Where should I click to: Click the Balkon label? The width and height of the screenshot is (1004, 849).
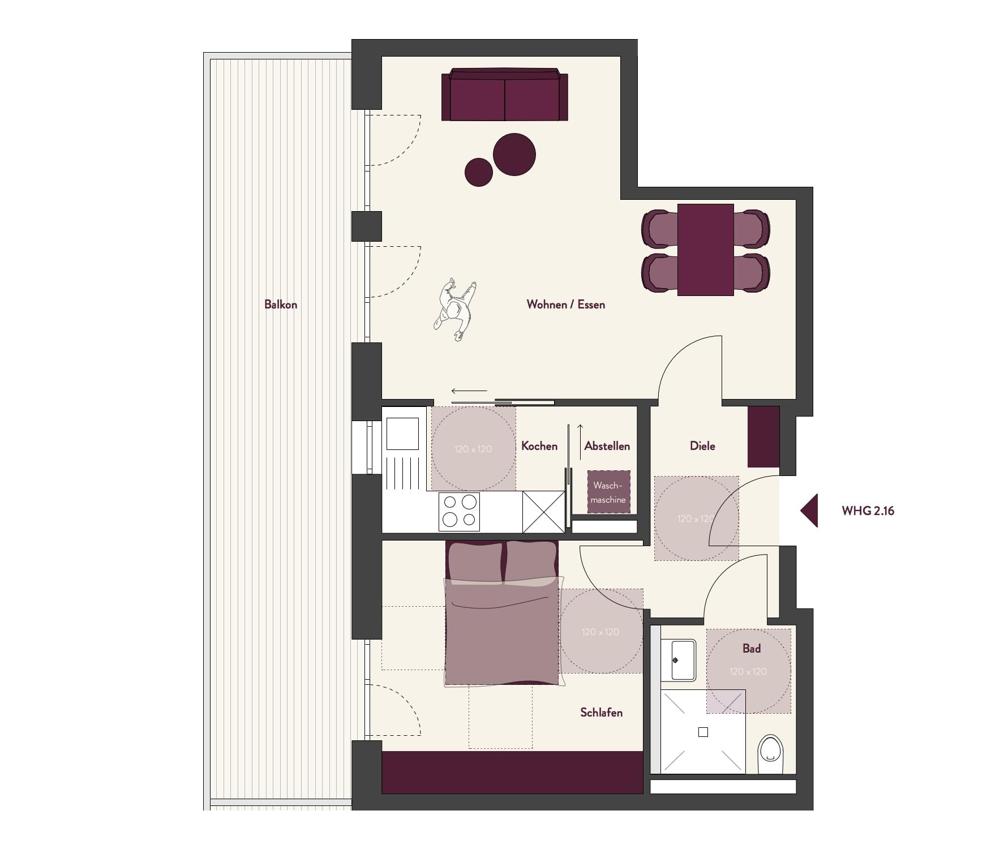click(x=281, y=305)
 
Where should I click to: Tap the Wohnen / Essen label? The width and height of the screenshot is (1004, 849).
click(x=565, y=305)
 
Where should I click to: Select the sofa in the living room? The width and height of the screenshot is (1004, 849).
click(x=505, y=95)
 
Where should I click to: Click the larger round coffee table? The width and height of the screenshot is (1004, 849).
click(x=514, y=155)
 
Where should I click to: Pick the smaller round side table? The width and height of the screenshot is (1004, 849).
click(x=479, y=172)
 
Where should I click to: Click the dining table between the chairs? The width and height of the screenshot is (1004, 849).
click(x=706, y=250)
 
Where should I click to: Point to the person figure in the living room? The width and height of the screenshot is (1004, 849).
click(x=454, y=309)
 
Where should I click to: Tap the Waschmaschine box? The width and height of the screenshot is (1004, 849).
click(x=608, y=492)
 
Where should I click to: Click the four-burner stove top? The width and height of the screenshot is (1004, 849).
click(x=459, y=512)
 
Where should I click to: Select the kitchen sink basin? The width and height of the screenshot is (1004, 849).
click(x=402, y=434)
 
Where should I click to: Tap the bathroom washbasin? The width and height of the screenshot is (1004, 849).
click(x=683, y=660)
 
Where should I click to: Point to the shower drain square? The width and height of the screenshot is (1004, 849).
click(x=703, y=732)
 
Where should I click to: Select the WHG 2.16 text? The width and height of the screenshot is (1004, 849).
click(x=868, y=511)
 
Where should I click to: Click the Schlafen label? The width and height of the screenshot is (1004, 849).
click(x=601, y=713)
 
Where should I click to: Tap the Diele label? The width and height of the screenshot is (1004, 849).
click(x=702, y=446)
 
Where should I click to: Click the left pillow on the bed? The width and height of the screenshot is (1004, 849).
click(x=474, y=562)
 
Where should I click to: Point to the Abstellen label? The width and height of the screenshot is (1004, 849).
click(x=607, y=446)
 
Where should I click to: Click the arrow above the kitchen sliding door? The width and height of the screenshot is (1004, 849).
click(x=469, y=391)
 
